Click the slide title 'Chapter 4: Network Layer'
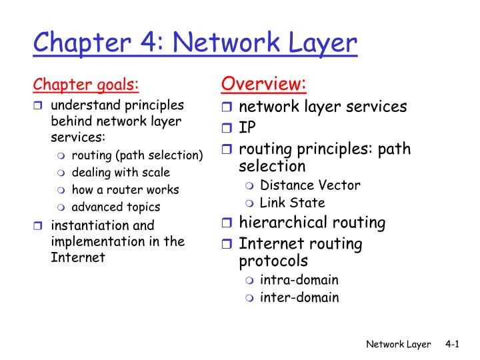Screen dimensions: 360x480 pyautogui.click(x=195, y=44)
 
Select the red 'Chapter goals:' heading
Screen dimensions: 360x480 pyautogui.click(x=86, y=85)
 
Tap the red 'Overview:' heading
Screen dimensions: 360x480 pyautogui.click(x=263, y=84)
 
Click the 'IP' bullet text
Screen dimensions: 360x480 pyautogui.click(x=247, y=127)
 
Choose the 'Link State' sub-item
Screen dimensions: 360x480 pyautogui.click(x=293, y=203)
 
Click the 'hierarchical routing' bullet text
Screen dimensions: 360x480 pyautogui.click(x=312, y=223)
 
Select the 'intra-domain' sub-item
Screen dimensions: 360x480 pyautogui.click(x=299, y=280)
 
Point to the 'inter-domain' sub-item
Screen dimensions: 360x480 pyautogui.click(x=299, y=297)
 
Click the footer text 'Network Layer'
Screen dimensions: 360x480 pyautogui.click(x=398, y=344)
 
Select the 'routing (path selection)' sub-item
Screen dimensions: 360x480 pyautogui.click(x=137, y=155)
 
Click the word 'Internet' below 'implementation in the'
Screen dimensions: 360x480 pyautogui.click(x=78, y=257)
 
